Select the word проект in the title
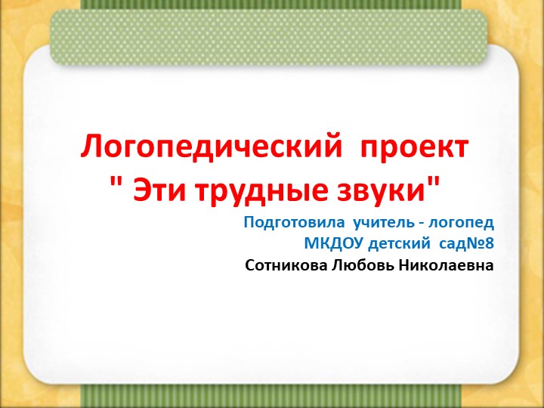coord(414,147)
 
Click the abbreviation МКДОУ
coord(330,244)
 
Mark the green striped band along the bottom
coord(271,396)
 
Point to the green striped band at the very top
coord(271,5)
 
